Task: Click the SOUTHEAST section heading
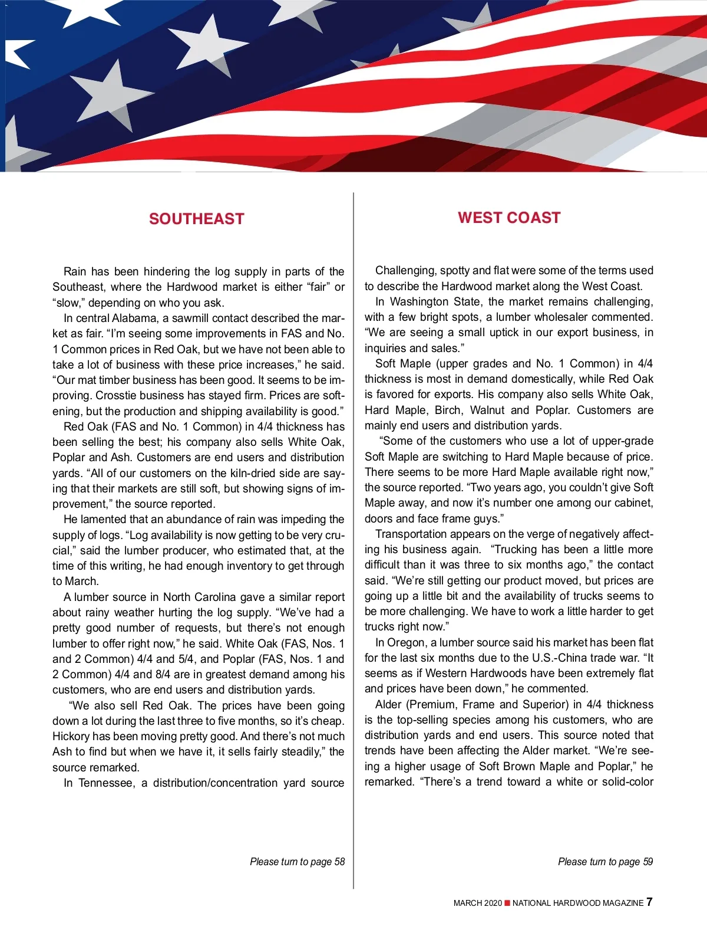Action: (196, 219)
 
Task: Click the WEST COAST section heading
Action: (509, 218)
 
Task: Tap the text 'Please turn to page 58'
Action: (297, 862)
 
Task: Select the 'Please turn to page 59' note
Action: (605, 862)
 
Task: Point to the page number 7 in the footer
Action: (649, 902)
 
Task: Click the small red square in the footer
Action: (507, 903)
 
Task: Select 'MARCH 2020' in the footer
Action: (477, 903)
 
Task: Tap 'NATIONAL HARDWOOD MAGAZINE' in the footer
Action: (577, 903)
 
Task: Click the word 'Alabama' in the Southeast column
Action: (134, 318)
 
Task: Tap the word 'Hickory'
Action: (71, 736)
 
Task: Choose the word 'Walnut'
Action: (487, 410)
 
